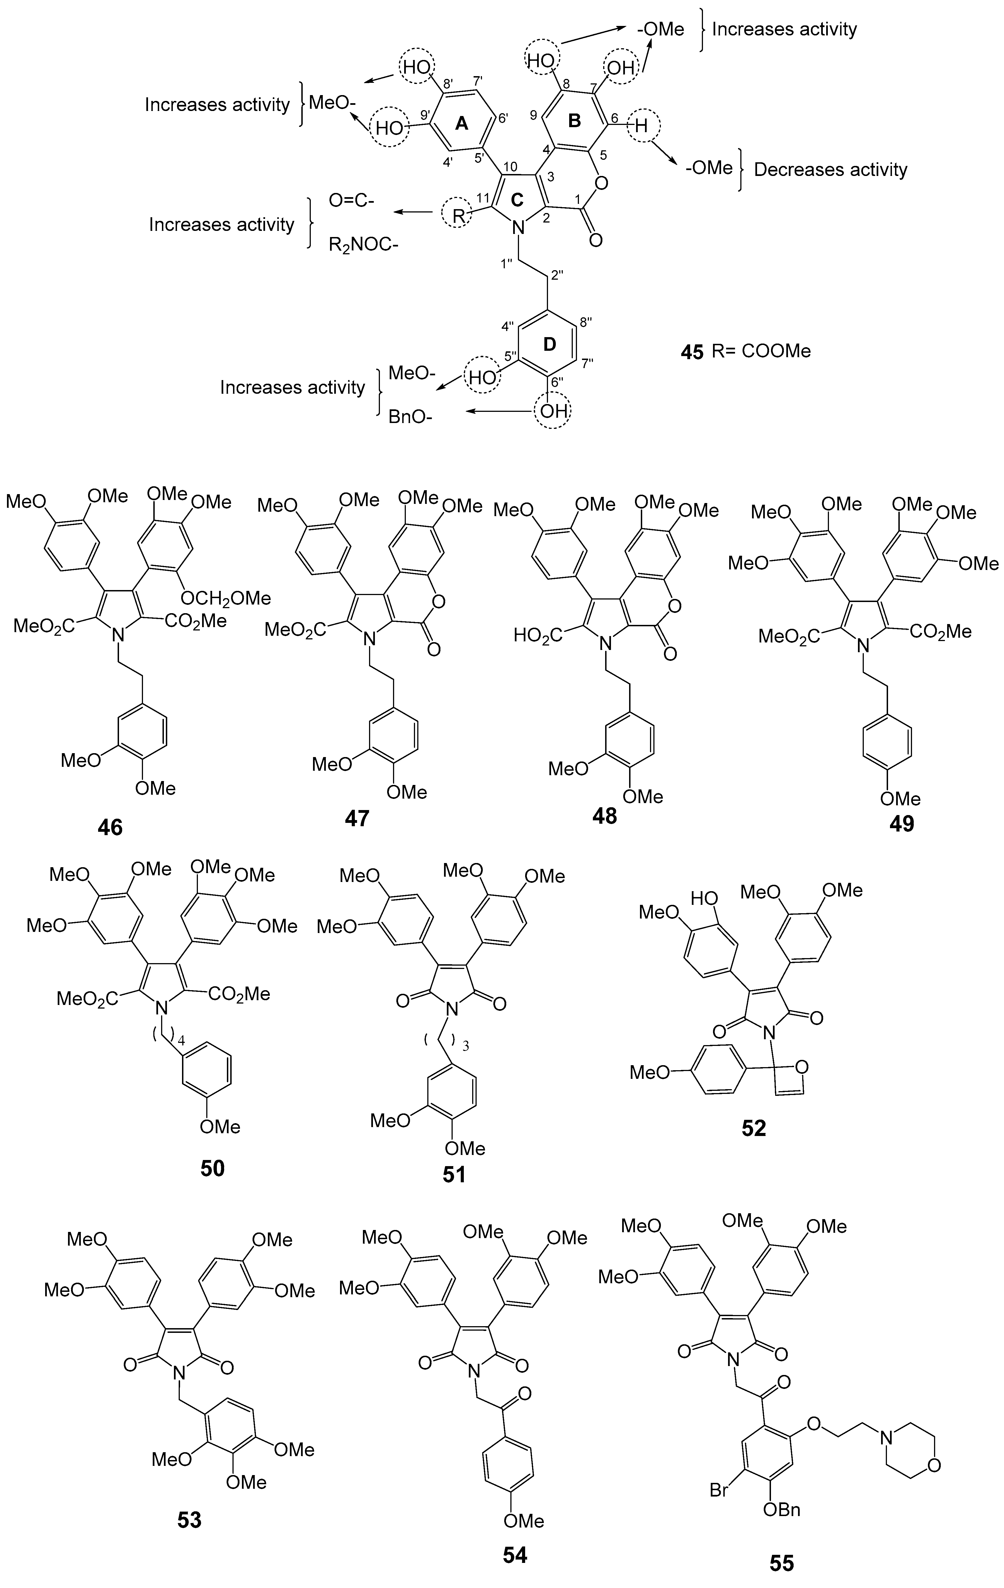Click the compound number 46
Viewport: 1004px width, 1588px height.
(x=110, y=827)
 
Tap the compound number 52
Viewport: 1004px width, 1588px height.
(x=753, y=1128)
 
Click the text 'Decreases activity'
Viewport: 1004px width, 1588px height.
(x=831, y=170)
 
